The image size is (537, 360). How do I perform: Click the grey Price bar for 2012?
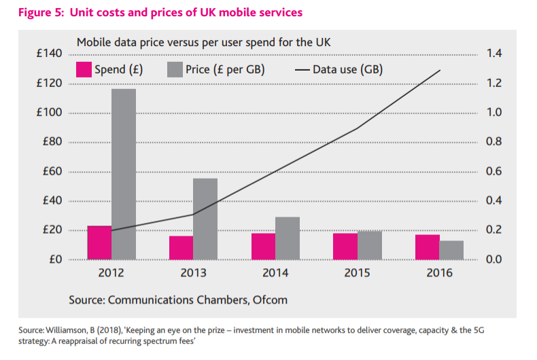(x=124, y=174)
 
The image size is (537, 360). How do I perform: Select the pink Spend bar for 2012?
(x=99, y=242)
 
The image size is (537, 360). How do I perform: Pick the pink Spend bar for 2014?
(x=263, y=247)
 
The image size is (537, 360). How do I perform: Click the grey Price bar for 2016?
(x=451, y=250)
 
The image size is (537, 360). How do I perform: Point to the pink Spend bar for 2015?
(x=345, y=247)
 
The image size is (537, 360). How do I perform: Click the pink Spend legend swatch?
(x=84, y=69)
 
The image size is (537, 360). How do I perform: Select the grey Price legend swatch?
(x=174, y=69)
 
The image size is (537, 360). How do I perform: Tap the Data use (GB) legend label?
(x=347, y=69)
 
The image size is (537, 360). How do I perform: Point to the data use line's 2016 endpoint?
(x=440, y=70)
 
